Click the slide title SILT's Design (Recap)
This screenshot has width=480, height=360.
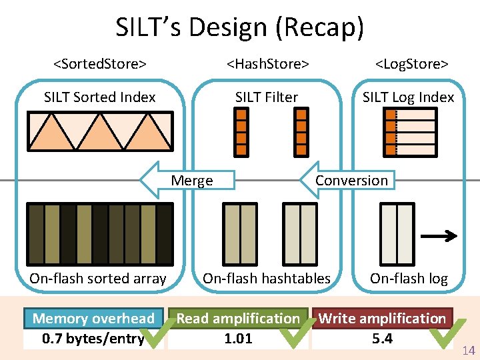[x=240, y=28]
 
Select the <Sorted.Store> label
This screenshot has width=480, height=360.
[x=100, y=64]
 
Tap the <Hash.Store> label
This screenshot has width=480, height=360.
[x=267, y=64]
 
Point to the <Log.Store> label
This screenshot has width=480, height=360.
[x=411, y=64]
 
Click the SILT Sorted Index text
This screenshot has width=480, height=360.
[x=99, y=97]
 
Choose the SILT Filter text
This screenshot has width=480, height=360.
[x=267, y=97]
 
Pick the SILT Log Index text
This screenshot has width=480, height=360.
[x=408, y=97]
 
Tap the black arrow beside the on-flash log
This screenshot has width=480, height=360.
[x=440, y=235]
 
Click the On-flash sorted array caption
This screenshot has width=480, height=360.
[x=97, y=279]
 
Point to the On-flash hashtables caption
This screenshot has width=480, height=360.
[x=267, y=279]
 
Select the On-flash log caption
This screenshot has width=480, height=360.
[x=409, y=279]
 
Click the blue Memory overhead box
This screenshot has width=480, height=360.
[x=93, y=319]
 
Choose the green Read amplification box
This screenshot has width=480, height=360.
[x=238, y=319]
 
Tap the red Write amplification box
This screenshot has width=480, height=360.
[x=382, y=319]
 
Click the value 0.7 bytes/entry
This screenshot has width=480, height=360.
[x=93, y=339]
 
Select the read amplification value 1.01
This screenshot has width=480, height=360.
[x=238, y=339]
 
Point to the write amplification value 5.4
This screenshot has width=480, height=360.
[x=382, y=339]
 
